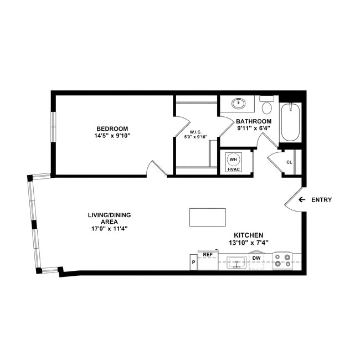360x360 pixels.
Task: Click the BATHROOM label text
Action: coord(254,121)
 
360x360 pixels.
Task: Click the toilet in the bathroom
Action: coord(267,105)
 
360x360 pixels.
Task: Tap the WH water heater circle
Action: coord(233,159)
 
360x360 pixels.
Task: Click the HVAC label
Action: coord(233,169)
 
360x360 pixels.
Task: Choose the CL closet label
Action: coord(289,162)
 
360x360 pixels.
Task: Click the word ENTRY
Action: coord(321,200)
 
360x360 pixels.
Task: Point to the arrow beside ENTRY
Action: coord(302,199)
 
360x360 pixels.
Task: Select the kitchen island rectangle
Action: coord(207,217)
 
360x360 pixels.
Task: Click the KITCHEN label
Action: coord(248,235)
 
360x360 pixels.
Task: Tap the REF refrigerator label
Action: coord(208,254)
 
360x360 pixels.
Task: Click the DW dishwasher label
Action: coord(256,258)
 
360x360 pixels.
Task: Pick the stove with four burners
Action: coord(282,260)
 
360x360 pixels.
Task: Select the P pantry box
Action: coord(193,263)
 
